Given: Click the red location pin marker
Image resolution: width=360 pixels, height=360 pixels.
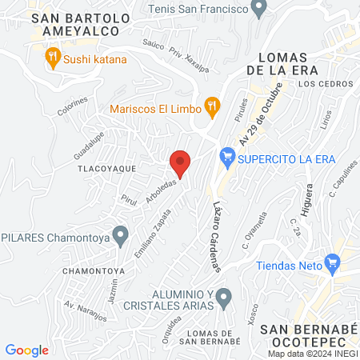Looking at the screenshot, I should [181, 163].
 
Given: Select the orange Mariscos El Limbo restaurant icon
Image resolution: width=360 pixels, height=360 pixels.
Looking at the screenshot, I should [212, 104].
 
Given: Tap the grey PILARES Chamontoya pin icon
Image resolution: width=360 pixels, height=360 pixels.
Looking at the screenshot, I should [120, 236].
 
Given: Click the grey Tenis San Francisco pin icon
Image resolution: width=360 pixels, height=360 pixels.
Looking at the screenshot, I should [258, 10].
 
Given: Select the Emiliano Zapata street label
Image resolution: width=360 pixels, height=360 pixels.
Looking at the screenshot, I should [155, 231].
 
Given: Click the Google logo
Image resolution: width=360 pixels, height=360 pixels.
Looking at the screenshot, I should [27, 350].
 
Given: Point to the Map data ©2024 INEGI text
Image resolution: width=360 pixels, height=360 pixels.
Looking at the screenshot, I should [312, 354].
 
